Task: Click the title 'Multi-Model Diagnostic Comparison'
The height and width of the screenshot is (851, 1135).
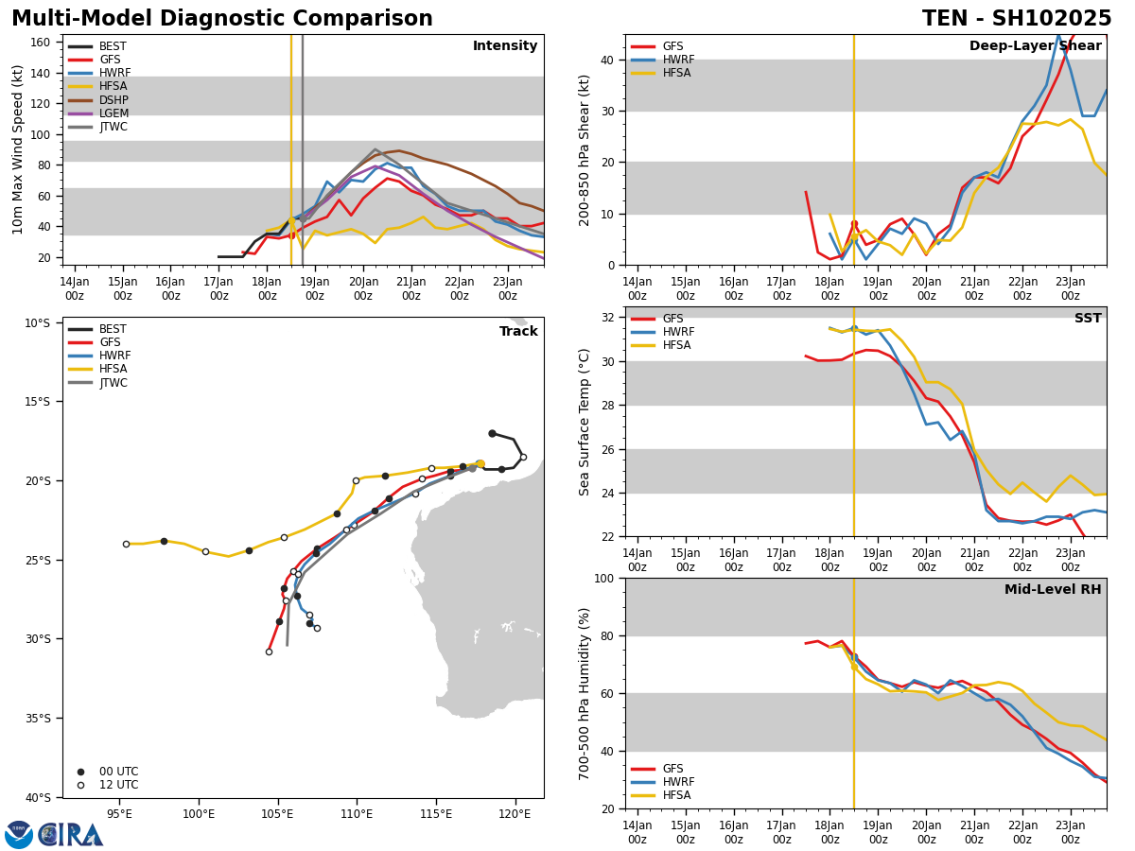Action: coord(222,19)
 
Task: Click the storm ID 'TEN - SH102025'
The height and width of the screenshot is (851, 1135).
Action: coord(1017,19)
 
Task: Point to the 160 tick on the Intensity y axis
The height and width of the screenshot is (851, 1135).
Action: coord(41,42)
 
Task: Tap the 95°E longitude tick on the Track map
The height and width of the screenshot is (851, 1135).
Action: coord(119,813)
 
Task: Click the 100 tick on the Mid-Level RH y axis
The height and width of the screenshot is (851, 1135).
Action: coord(602,578)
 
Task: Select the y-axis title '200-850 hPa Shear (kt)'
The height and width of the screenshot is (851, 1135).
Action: coord(585,149)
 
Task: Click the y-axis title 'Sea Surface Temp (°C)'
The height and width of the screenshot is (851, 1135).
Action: coord(585,422)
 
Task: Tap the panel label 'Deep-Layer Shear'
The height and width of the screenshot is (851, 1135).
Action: coord(1035,46)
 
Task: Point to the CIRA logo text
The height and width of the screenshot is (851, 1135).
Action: coord(71,834)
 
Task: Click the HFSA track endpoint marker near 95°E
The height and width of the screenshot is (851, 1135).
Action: coord(126,544)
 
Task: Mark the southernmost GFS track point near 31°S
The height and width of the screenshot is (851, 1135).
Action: coord(269,651)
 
